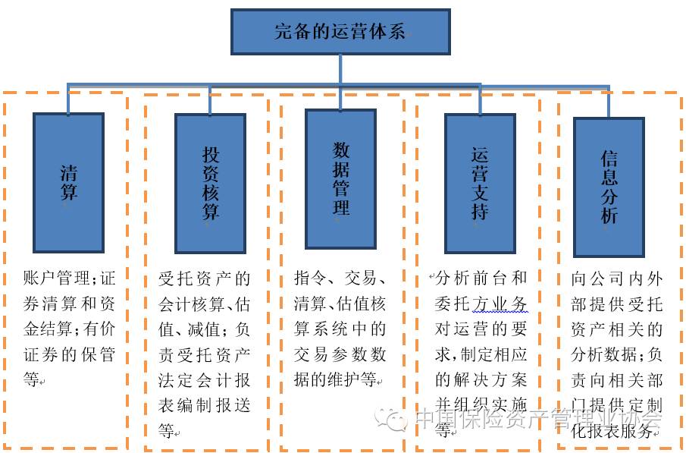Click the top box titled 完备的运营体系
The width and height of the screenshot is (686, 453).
click(x=340, y=32)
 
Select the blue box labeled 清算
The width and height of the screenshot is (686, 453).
click(x=68, y=182)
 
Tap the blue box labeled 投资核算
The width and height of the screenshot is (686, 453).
click(x=210, y=183)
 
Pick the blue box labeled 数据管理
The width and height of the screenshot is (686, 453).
click(x=340, y=179)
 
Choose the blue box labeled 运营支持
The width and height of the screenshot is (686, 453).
click(x=479, y=183)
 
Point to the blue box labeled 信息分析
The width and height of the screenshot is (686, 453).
click(x=609, y=187)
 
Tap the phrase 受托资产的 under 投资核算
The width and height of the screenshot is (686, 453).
click(x=204, y=279)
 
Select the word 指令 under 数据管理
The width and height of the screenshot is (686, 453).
click(x=311, y=279)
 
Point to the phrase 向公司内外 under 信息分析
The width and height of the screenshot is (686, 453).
click(x=616, y=279)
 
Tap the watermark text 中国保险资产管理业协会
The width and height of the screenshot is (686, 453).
click(x=538, y=420)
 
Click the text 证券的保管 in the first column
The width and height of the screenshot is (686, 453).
click(x=69, y=354)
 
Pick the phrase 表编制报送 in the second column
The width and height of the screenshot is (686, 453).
click(x=204, y=404)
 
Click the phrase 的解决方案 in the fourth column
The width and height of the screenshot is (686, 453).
click(x=481, y=379)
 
